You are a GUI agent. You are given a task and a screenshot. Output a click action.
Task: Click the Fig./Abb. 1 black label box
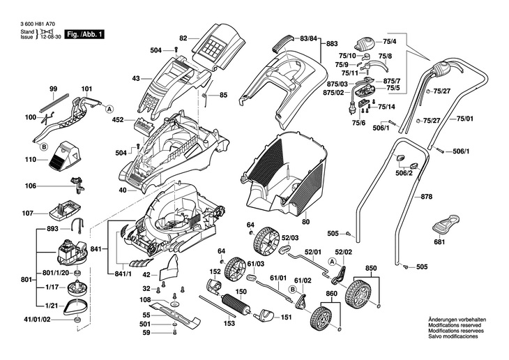point(84,33)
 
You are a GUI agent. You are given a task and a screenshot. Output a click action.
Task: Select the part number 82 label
point(183,38)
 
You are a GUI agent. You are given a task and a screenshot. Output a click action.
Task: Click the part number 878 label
point(426,197)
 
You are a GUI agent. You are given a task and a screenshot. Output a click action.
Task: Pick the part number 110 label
point(30,160)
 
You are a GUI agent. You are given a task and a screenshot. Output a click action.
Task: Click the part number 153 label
point(228,323)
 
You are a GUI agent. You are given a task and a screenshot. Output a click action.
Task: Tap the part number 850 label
point(370,268)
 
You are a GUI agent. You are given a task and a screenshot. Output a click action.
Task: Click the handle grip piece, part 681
point(443,225)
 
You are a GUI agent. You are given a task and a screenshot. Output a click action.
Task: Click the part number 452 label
point(117,119)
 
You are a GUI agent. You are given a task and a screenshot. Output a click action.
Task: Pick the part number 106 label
point(30,186)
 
